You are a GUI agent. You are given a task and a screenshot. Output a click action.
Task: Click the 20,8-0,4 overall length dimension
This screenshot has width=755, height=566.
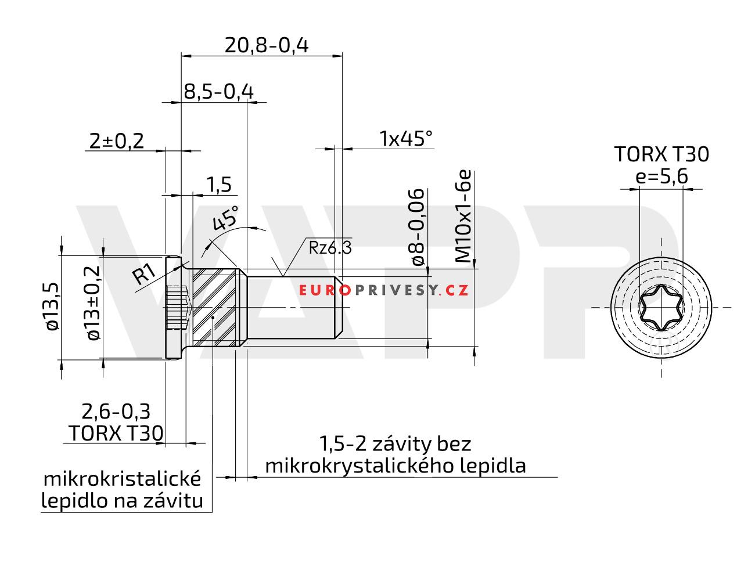point(267,45)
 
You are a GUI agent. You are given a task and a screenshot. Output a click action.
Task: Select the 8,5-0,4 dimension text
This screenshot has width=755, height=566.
point(218,92)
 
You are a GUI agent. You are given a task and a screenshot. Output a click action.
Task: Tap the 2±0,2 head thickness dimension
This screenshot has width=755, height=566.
point(117,140)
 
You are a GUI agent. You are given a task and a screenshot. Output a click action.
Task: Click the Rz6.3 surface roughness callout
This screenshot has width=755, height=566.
point(330,248)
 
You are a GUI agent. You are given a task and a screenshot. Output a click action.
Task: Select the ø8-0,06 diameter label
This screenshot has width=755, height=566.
point(418,227)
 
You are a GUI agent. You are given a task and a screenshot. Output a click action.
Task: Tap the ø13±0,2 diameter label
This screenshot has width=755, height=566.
point(92,302)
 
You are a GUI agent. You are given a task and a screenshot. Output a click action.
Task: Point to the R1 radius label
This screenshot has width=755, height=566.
point(143,274)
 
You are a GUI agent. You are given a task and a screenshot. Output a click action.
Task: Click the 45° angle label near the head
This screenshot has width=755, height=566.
point(225,219)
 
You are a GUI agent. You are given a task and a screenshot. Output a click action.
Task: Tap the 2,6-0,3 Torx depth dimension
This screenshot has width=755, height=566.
point(116,411)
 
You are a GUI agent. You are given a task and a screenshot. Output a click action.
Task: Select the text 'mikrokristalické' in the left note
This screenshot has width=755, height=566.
point(123,479)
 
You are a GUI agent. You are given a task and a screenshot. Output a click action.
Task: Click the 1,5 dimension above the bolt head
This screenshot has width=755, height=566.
point(219,185)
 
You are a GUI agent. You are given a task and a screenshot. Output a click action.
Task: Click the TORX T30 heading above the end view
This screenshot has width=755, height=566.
point(661,154)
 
